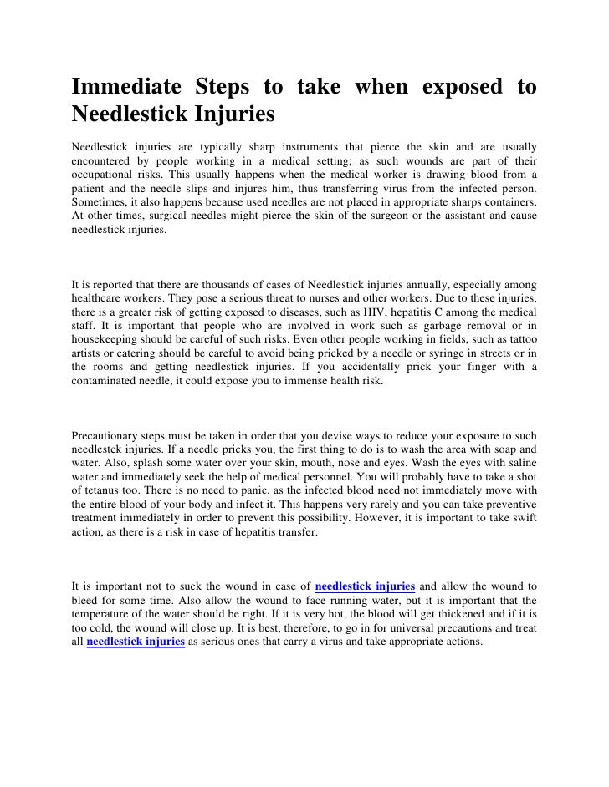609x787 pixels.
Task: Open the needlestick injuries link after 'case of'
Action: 366,586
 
